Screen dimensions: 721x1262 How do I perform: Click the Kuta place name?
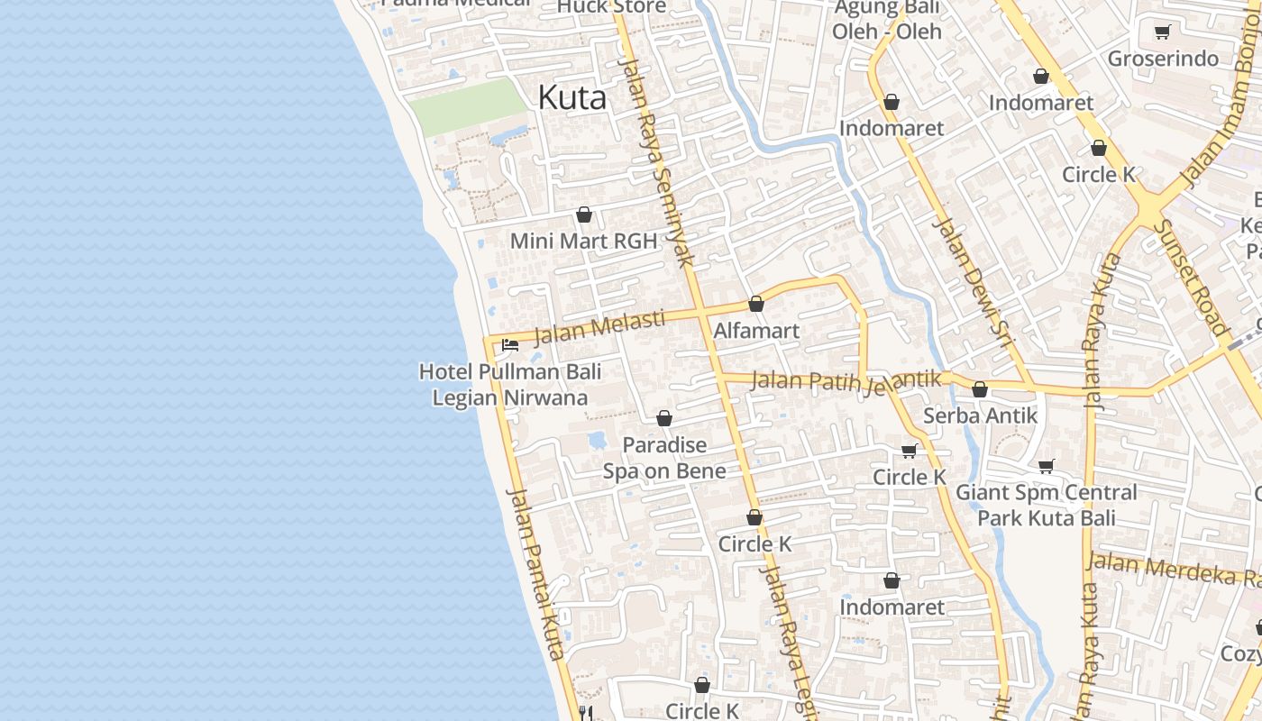pos(572,98)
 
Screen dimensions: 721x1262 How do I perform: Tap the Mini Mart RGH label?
pos(583,242)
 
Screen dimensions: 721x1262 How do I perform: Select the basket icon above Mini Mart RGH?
pos(584,215)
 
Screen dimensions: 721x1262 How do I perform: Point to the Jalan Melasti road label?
pos(599,327)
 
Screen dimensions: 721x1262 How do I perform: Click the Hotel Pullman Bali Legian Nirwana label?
pos(510,385)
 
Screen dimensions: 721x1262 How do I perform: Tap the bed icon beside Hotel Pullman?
pos(510,345)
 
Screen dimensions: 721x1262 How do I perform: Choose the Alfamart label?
pos(756,331)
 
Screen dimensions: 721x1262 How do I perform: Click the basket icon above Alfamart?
pos(756,304)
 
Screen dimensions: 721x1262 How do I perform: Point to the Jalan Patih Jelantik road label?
pos(846,382)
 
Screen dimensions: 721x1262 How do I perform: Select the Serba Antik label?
pos(980,416)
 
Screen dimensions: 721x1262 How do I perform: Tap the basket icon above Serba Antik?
pos(980,390)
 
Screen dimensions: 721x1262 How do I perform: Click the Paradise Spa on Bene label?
pos(664,458)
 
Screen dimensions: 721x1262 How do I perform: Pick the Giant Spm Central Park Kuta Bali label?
pos(1047,505)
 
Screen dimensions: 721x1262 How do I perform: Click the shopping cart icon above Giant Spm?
pos(1047,466)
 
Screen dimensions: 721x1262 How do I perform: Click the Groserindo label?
pos(1163,59)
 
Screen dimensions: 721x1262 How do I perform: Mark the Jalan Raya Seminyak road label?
pos(658,162)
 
